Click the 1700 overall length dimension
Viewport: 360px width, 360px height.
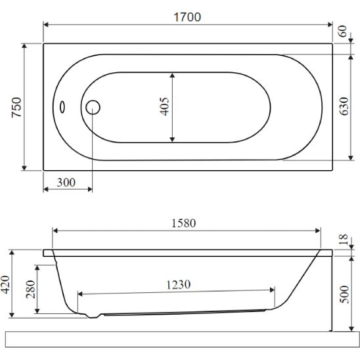(187, 17)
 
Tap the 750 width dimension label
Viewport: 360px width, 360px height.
(17, 107)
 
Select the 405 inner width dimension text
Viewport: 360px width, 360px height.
(165, 106)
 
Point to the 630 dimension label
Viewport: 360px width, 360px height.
(344, 106)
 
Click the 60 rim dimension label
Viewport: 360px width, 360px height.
(342, 32)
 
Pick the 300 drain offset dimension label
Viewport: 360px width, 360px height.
(66, 183)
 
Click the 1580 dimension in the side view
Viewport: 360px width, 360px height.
(184, 223)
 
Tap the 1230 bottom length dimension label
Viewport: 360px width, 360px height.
(178, 284)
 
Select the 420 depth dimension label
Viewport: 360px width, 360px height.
(5, 284)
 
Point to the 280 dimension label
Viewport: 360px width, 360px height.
(30, 289)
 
